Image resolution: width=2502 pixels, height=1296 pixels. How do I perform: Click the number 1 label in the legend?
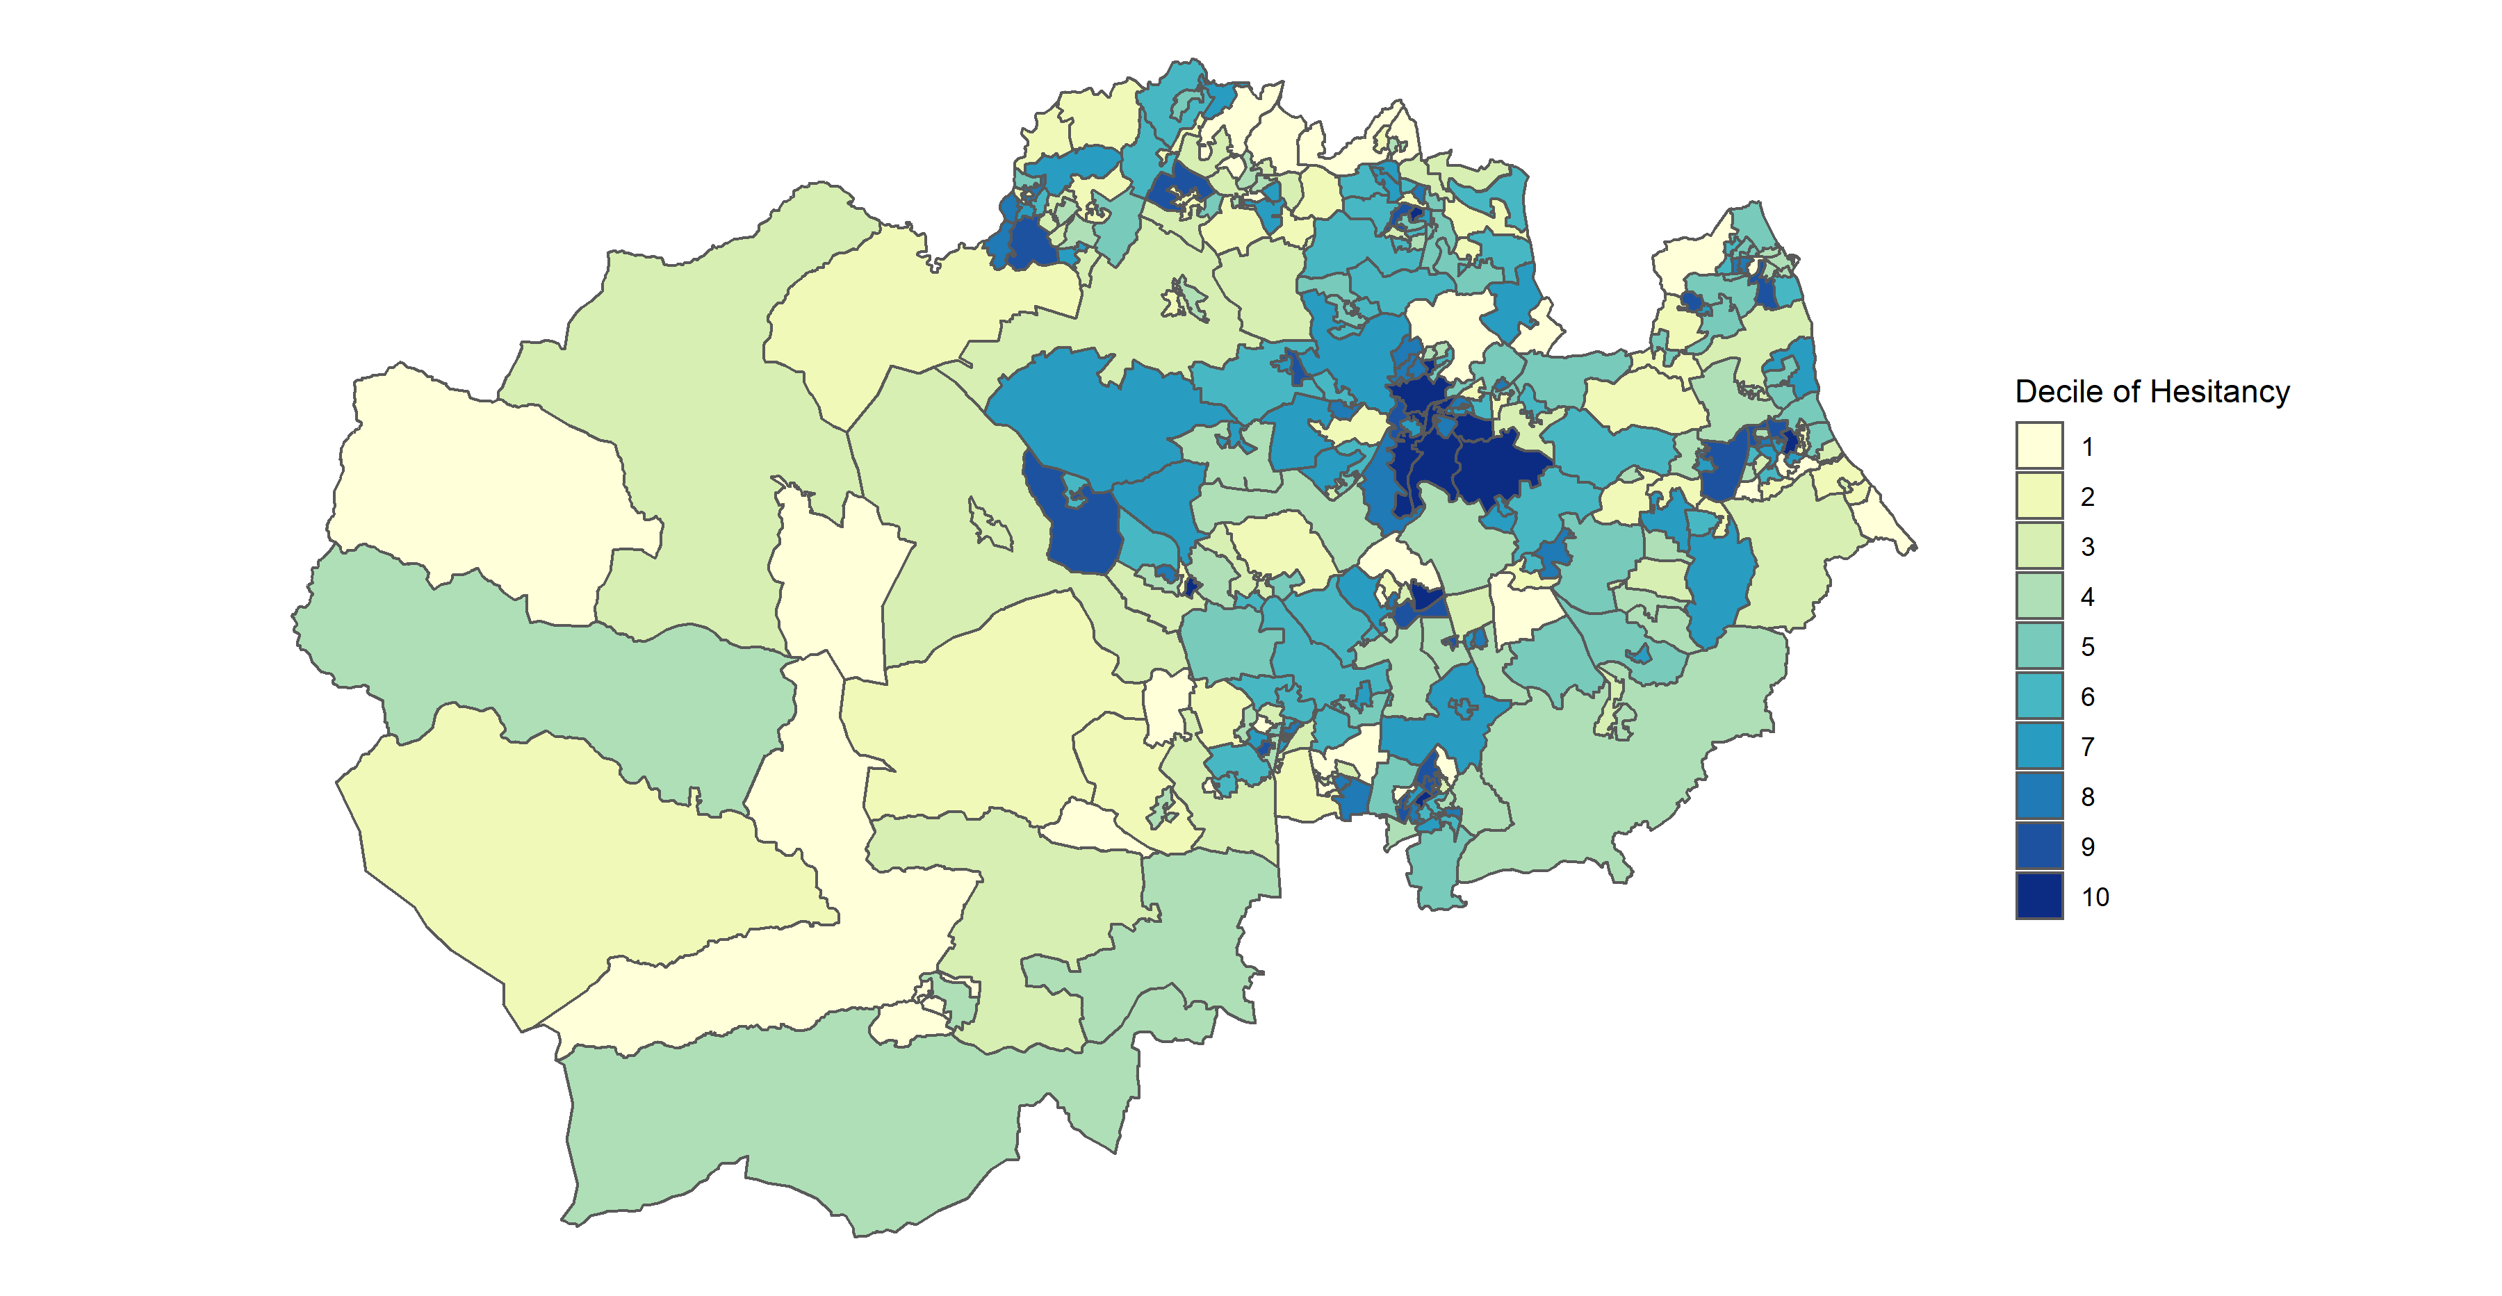pyautogui.click(x=2087, y=447)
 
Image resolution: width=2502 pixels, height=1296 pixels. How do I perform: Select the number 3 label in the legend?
pyautogui.click(x=2087, y=547)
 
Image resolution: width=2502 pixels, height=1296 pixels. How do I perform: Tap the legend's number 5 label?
pyautogui.click(x=2087, y=646)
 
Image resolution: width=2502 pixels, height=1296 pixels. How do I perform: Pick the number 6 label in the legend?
pyautogui.click(x=2087, y=697)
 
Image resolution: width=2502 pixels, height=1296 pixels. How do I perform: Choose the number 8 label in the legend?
pyautogui.click(x=2087, y=797)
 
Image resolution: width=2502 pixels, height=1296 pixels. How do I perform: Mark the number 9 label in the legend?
pyautogui.click(x=2087, y=846)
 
